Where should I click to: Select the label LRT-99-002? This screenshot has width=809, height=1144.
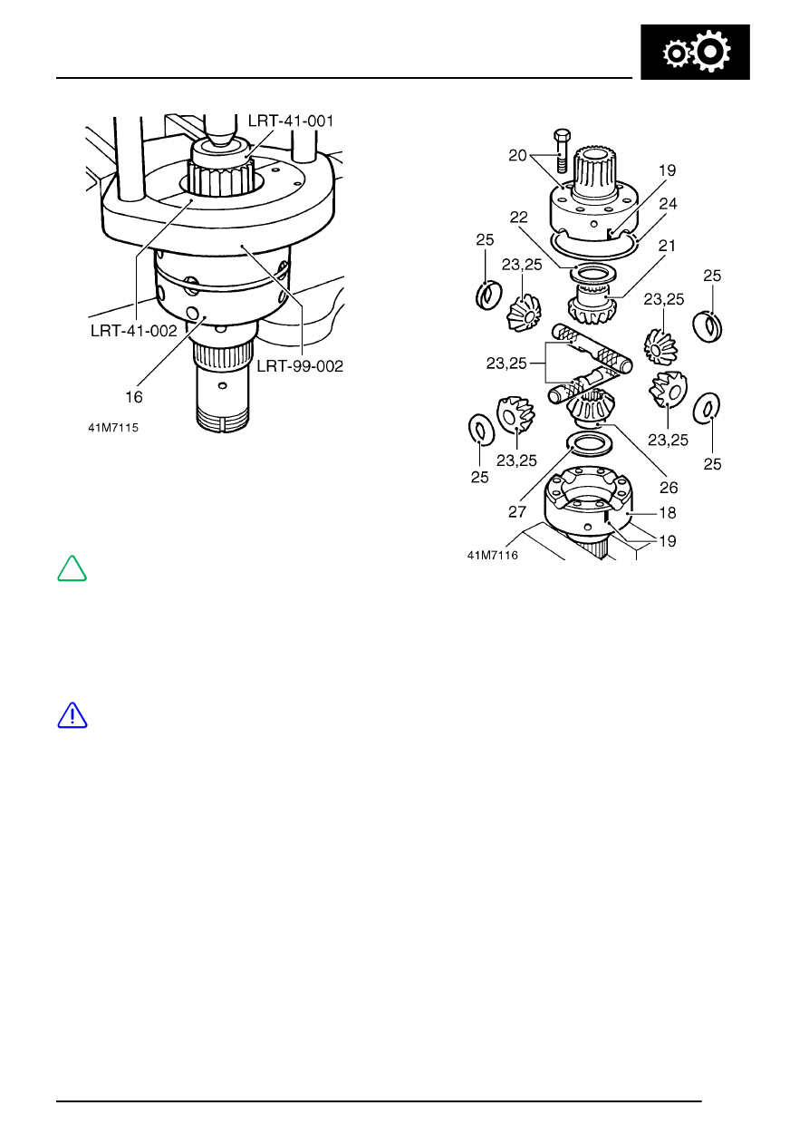coord(300,365)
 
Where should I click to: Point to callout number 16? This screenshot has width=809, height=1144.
coord(134,396)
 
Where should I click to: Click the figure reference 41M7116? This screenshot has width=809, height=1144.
coord(492,555)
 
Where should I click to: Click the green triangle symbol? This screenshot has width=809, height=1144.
coord(72,569)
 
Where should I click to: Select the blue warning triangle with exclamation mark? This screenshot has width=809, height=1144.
coord(72,716)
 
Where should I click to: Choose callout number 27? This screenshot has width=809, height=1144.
coord(516,511)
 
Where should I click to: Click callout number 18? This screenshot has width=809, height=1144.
coord(667,513)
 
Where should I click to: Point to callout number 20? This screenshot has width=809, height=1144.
coord(516,154)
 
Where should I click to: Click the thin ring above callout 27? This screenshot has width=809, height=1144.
coord(587,442)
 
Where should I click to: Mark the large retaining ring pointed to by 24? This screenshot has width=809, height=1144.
coord(598,247)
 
